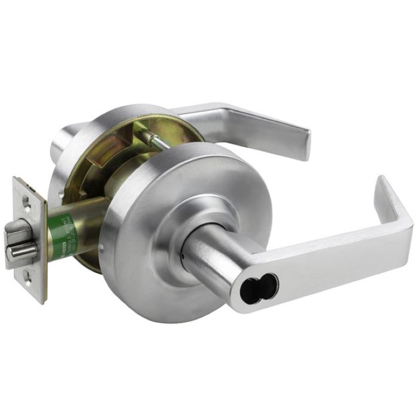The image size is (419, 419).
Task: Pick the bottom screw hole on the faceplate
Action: pyautogui.click(x=29, y=276)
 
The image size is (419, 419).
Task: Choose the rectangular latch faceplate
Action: pyautogui.click(x=29, y=239)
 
